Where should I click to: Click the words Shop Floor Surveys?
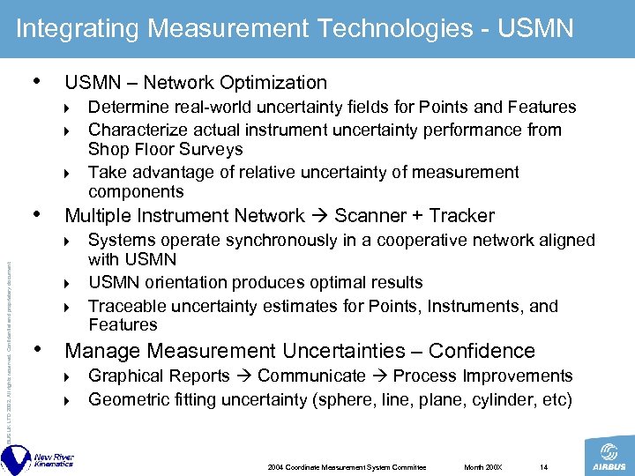pyautogui.click(x=165, y=149)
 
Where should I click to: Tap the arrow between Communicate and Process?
pyautogui.click(x=380, y=376)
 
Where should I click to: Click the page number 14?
pyautogui.click(x=543, y=466)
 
